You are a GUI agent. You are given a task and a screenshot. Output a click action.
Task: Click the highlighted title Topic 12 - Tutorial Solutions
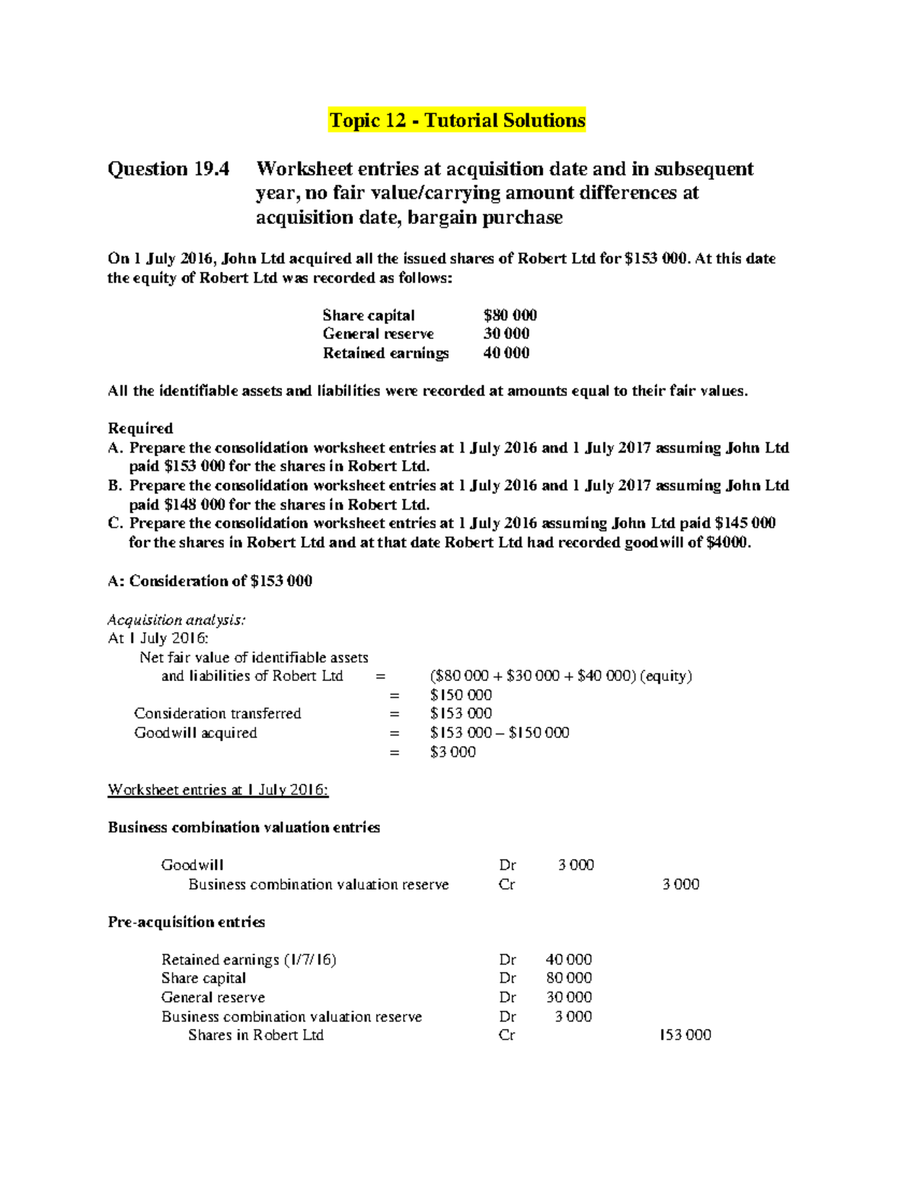click(x=457, y=120)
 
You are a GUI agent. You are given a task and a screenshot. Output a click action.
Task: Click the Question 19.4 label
click(x=168, y=168)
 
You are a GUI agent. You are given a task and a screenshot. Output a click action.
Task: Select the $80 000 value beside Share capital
click(x=510, y=315)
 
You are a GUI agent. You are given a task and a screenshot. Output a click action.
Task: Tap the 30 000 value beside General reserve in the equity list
click(x=507, y=334)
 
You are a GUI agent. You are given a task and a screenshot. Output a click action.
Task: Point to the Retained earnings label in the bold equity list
click(x=385, y=353)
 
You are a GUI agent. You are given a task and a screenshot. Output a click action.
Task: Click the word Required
click(x=140, y=428)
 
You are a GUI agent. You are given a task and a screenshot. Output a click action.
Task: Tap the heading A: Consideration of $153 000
click(x=210, y=581)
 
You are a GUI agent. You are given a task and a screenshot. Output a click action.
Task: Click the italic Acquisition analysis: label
click(x=177, y=619)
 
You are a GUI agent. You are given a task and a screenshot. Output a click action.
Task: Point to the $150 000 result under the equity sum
click(x=461, y=695)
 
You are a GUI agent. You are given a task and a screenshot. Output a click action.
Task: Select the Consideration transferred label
click(x=218, y=713)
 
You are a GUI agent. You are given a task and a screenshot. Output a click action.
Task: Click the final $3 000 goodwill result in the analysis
click(x=452, y=752)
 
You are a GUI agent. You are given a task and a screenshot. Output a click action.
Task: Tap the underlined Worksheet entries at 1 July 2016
click(x=218, y=790)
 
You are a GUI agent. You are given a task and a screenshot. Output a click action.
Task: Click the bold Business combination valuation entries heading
click(x=244, y=827)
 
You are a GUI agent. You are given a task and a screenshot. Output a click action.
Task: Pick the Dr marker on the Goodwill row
click(x=507, y=865)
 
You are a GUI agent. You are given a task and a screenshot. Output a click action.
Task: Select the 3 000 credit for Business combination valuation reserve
click(x=680, y=884)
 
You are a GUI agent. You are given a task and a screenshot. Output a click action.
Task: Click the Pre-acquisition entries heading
click(x=187, y=922)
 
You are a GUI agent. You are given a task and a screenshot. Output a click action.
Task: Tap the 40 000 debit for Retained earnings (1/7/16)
click(x=568, y=960)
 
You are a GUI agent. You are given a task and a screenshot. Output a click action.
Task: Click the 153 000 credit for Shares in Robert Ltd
click(x=685, y=1035)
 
